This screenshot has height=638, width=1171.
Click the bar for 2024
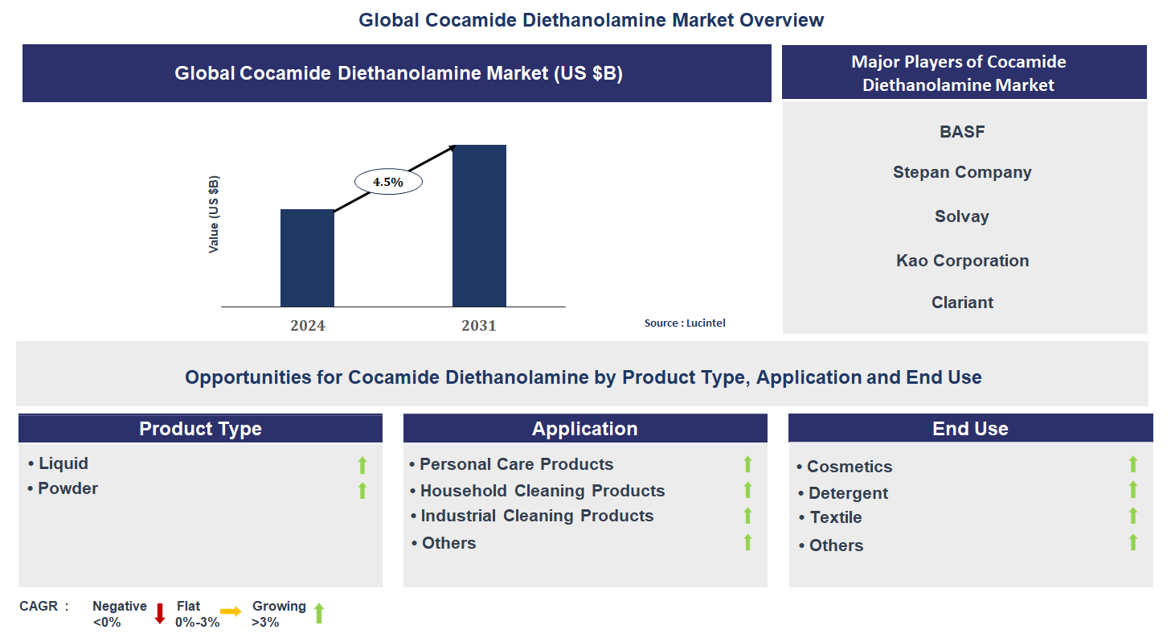(x=307, y=257)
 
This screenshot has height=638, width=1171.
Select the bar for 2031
(x=479, y=225)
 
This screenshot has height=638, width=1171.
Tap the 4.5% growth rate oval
(x=388, y=182)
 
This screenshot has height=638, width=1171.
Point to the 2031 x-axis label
(x=479, y=326)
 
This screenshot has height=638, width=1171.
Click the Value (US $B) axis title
(x=214, y=215)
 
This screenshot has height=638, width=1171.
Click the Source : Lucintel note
(x=685, y=323)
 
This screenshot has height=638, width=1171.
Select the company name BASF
(x=962, y=132)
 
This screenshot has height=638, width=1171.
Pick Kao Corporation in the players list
(x=962, y=261)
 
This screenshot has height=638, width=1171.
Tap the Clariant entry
(x=962, y=303)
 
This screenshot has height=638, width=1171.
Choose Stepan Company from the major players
(x=962, y=172)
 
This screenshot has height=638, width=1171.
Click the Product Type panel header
(x=200, y=429)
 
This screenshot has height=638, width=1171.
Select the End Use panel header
(x=970, y=429)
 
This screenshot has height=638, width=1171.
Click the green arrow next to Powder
(x=362, y=490)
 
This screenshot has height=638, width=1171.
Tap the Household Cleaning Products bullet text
(x=542, y=491)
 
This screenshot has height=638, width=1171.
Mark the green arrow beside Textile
(x=1133, y=516)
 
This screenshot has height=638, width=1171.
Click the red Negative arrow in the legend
(x=159, y=613)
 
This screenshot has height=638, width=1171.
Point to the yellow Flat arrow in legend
(x=231, y=612)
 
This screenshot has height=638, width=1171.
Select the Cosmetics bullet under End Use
(x=849, y=467)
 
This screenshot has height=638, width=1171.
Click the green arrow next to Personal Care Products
(x=747, y=464)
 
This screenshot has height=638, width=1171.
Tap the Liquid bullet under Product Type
(x=63, y=463)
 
